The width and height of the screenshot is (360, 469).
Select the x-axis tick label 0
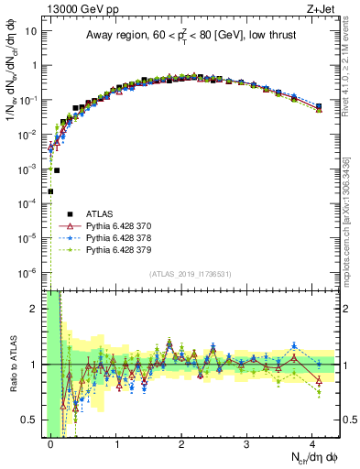(x=50, y=443)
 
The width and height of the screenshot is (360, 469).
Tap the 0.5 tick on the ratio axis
(x=31, y=420)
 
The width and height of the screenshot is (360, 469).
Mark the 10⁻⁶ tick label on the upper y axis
(x=27, y=273)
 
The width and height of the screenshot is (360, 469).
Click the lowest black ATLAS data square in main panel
(x=50, y=191)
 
